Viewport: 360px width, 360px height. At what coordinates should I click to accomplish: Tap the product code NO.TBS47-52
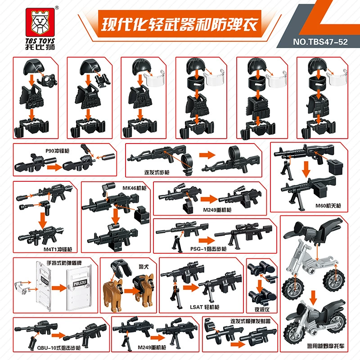(x=320, y=42)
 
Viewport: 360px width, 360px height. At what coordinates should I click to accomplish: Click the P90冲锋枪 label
(x=57, y=151)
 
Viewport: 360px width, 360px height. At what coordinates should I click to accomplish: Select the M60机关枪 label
(x=328, y=206)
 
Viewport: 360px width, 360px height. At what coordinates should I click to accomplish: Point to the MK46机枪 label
(x=134, y=188)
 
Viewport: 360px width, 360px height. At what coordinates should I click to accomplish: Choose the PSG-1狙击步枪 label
(x=208, y=249)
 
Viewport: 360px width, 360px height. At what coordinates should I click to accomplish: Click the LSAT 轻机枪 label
(x=205, y=307)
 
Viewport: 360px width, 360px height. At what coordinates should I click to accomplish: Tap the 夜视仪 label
(x=262, y=310)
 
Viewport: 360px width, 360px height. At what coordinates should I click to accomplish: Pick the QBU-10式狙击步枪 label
(x=59, y=348)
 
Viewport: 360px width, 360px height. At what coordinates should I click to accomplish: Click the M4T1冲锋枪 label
(x=58, y=249)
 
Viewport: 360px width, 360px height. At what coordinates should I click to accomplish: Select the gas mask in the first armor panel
(x=49, y=80)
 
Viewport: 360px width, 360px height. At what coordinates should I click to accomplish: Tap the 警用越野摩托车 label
(x=326, y=346)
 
